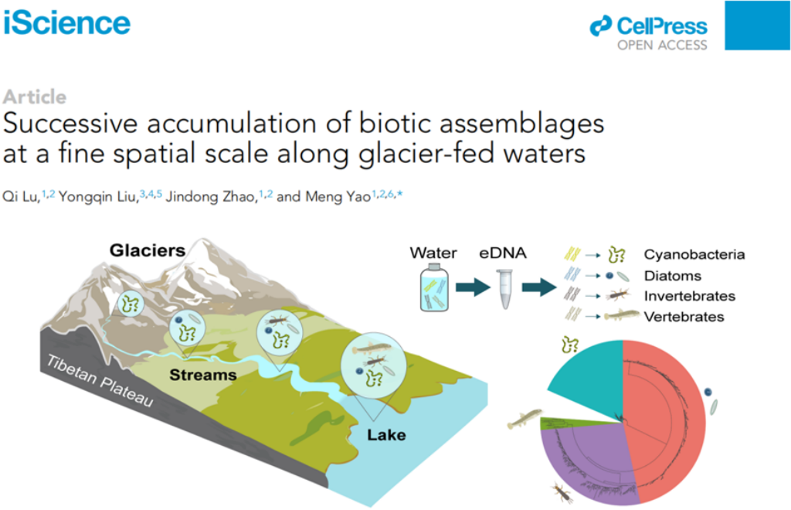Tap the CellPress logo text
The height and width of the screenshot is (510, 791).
click(662, 26)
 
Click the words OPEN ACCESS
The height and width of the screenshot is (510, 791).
click(662, 46)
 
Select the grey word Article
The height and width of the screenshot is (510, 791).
click(35, 97)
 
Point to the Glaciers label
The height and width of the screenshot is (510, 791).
click(148, 250)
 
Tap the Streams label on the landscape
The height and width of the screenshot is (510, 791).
click(203, 375)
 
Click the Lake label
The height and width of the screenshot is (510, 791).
click(386, 435)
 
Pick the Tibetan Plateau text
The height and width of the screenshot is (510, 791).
click(100, 380)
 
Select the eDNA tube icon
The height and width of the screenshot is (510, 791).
click(505, 288)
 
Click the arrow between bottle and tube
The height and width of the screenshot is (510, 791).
click(473, 287)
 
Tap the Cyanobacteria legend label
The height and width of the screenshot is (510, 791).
click(694, 254)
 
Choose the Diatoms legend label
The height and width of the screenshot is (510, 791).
click(673, 276)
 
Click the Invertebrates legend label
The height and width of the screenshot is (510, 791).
click(689, 296)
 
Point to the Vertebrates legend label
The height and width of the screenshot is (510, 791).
click(684, 317)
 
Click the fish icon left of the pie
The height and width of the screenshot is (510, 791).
click(525, 419)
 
